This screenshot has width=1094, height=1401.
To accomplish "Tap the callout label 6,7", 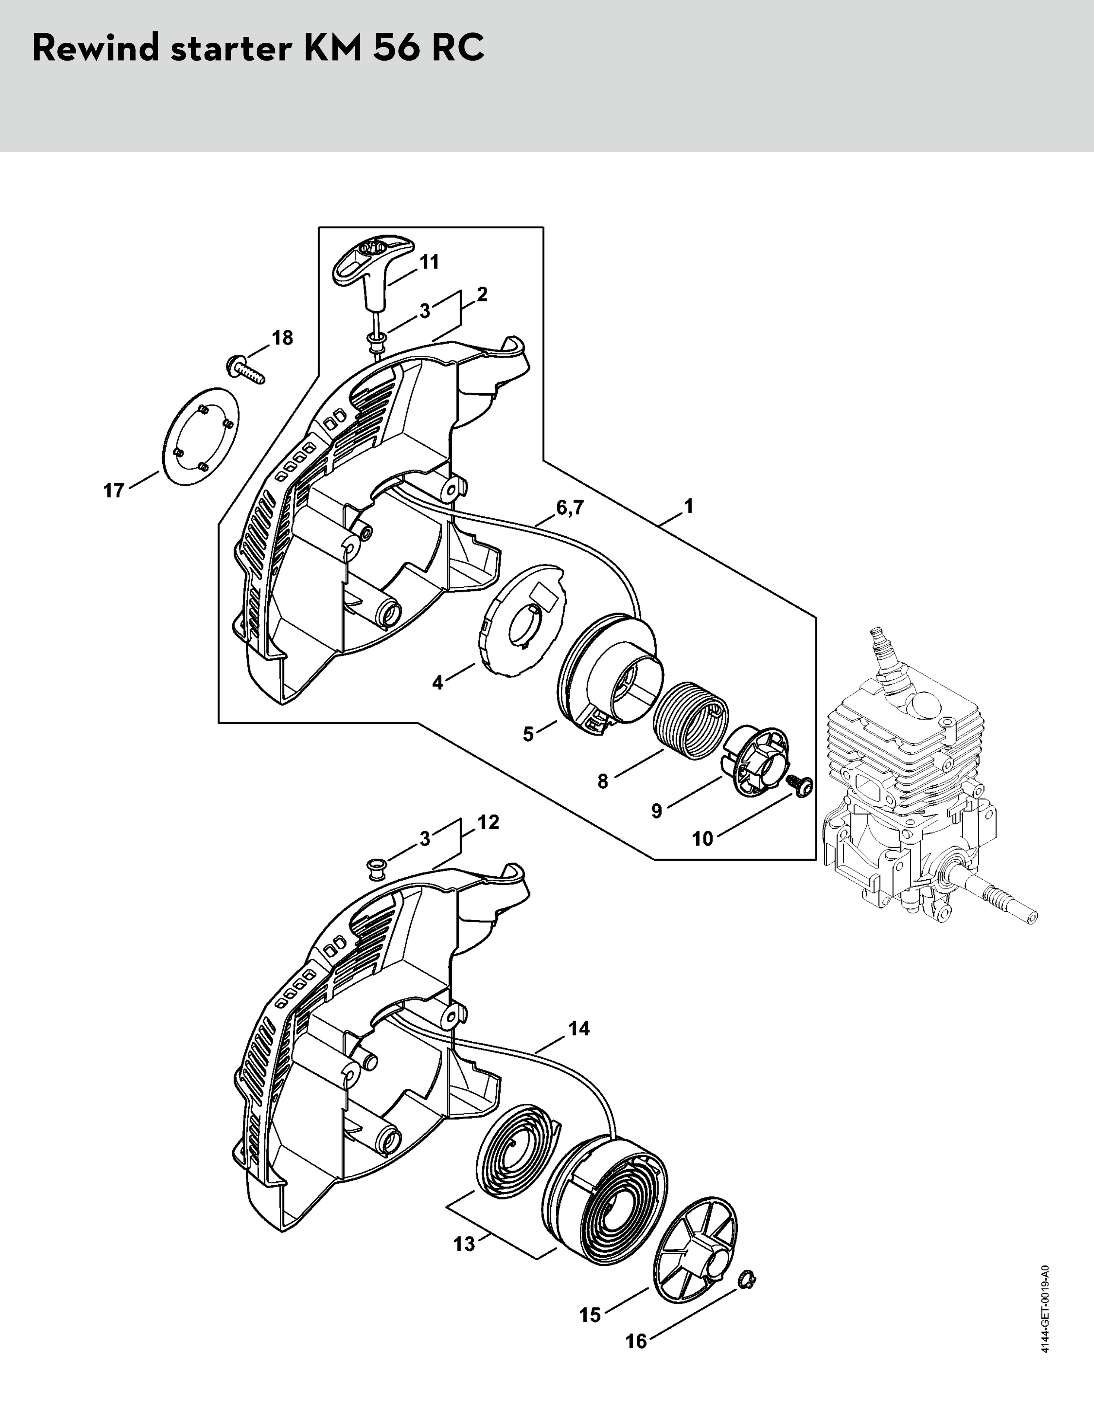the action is (570, 508).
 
